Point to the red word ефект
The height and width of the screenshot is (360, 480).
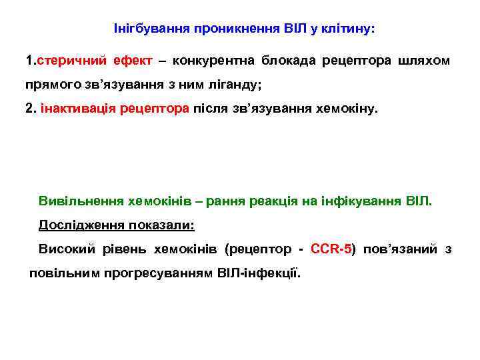pos(132,61)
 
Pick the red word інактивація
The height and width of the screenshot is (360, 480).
pos(80,109)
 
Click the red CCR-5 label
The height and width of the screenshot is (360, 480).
pos(332,249)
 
